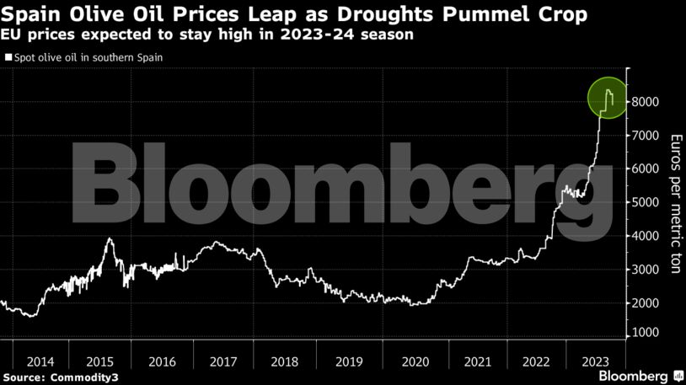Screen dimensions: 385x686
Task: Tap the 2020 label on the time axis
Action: tap(415, 361)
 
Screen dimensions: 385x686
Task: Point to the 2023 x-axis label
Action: tap(596, 361)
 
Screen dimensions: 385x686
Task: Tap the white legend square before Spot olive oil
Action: tap(8, 57)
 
